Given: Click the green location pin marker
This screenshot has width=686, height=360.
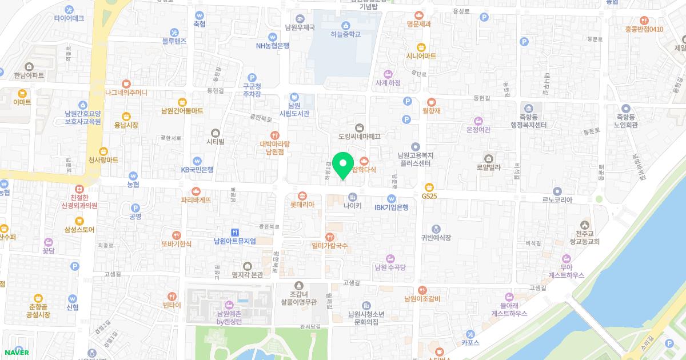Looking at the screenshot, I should click(x=343, y=165).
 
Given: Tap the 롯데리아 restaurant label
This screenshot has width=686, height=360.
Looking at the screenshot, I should click(x=302, y=204).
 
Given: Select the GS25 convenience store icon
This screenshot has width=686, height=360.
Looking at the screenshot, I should click(x=429, y=187).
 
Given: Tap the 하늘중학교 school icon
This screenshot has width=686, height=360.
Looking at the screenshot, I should click(x=345, y=25).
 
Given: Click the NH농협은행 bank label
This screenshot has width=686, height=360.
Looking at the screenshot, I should click(x=273, y=46).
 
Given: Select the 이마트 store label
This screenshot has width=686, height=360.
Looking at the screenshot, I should click(x=22, y=102).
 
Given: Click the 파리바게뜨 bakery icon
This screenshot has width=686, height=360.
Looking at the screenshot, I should click(x=196, y=191).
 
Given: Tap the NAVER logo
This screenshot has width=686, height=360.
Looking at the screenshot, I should click(x=15, y=352).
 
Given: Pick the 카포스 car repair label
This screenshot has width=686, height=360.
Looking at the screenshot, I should click(x=469, y=343).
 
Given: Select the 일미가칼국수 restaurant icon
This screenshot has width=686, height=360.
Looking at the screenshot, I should click(x=329, y=237).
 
